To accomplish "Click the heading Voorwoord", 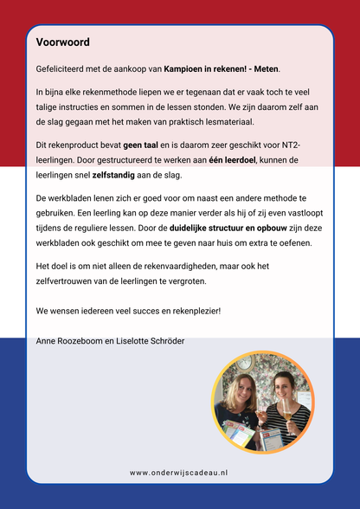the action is click(63, 42).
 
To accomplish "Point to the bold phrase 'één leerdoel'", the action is click(236, 160).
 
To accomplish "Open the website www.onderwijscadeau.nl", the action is click(179, 473).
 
